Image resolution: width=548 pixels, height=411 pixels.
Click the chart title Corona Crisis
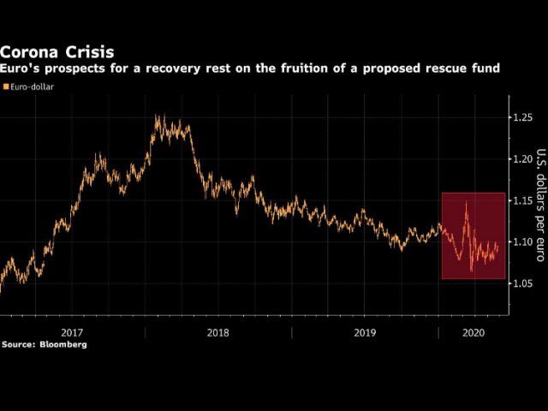(57, 51)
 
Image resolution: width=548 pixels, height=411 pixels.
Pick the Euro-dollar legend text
(33, 86)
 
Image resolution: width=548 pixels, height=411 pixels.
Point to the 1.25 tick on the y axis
(522, 116)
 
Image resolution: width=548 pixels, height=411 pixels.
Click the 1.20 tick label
(522, 158)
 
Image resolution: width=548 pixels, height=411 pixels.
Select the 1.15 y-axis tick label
(522, 200)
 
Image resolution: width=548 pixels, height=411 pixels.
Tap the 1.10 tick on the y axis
(522, 242)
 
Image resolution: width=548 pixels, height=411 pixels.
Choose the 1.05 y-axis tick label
(522, 283)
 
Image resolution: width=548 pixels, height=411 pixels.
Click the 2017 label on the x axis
(71, 331)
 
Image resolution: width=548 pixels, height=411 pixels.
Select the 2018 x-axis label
(217, 331)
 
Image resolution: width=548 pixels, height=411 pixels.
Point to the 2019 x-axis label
(364, 331)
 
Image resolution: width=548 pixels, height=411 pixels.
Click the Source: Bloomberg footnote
(44, 344)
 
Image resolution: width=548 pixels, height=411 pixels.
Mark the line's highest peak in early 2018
(158, 116)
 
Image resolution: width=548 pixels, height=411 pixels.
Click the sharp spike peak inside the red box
(466, 202)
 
